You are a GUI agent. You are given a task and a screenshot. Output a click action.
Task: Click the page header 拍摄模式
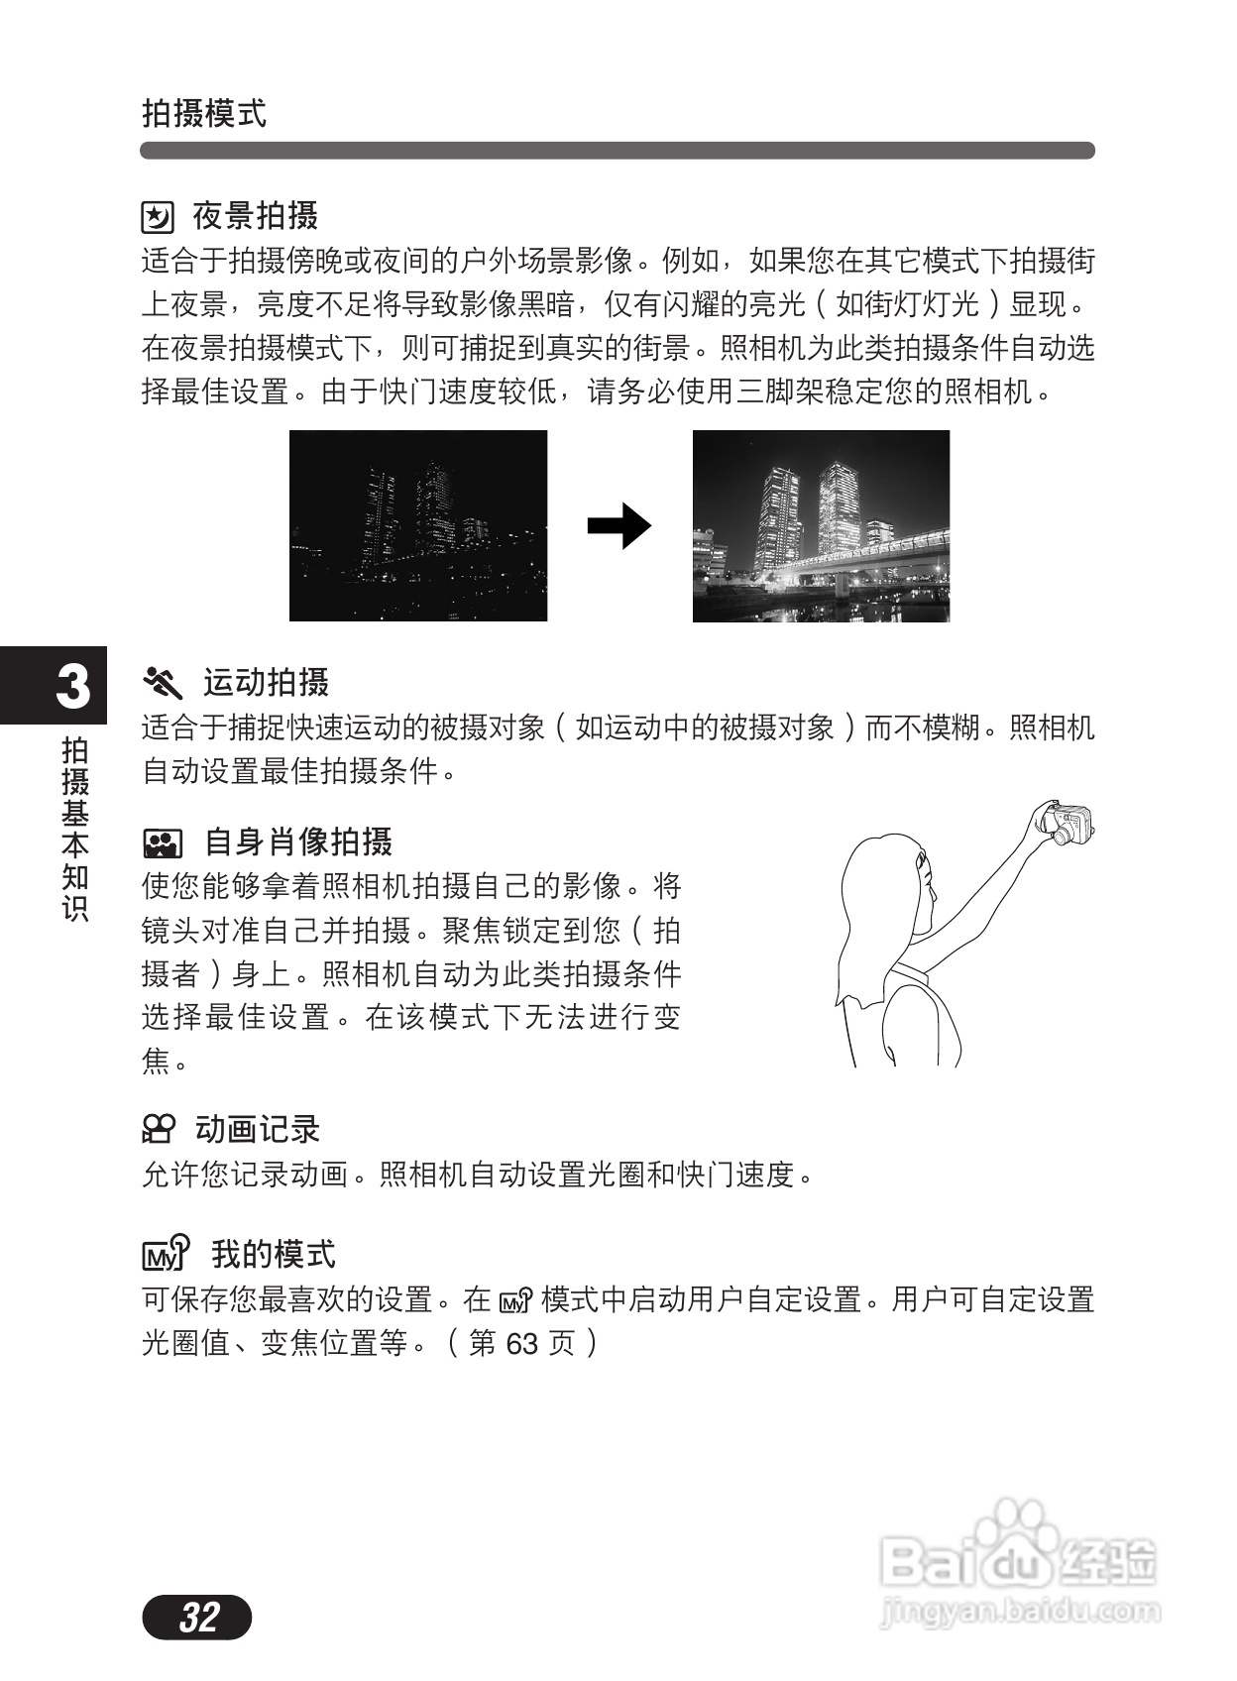204,113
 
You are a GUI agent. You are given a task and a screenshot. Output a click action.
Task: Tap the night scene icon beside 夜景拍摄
158,216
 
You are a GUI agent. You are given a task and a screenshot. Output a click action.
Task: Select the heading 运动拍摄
266,683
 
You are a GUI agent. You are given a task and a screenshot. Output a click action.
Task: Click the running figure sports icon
164,683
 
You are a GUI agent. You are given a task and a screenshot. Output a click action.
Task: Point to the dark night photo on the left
417,525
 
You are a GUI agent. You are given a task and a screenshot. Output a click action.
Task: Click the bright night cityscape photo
821,525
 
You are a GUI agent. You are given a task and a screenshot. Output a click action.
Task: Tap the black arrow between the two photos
618,526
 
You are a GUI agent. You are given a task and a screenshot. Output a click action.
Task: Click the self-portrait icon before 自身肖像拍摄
162,843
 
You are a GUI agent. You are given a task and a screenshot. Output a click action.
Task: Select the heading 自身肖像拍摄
298,842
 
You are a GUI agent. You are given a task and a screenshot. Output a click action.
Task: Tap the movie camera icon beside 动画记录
159,1129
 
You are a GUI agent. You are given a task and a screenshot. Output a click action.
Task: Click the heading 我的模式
274,1254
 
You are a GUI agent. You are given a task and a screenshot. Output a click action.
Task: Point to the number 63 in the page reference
521,1344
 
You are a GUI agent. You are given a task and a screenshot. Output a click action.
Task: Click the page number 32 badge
197,1617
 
